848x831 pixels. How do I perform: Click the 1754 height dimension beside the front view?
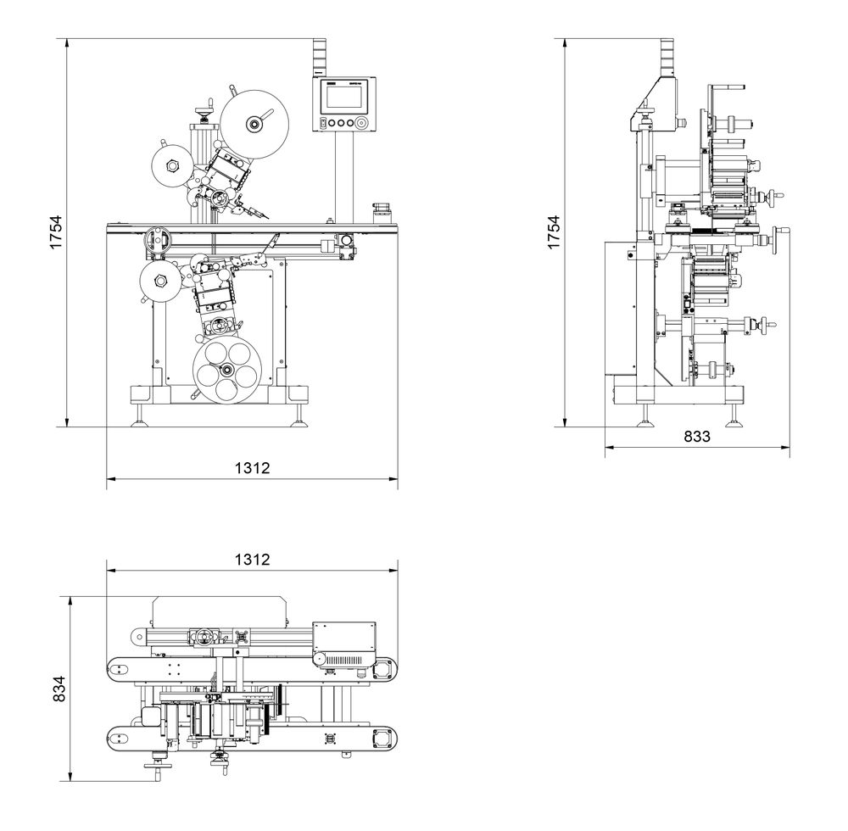click(x=55, y=231)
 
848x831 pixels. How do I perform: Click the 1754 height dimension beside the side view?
click(x=554, y=231)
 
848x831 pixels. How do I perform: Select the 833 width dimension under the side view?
click(x=696, y=437)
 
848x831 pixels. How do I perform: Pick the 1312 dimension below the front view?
click(x=252, y=467)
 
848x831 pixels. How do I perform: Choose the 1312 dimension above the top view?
click(x=252, y=559)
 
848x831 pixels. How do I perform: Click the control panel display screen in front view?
click(x=342, y=96)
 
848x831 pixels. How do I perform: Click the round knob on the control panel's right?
click(x=362, y=124)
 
